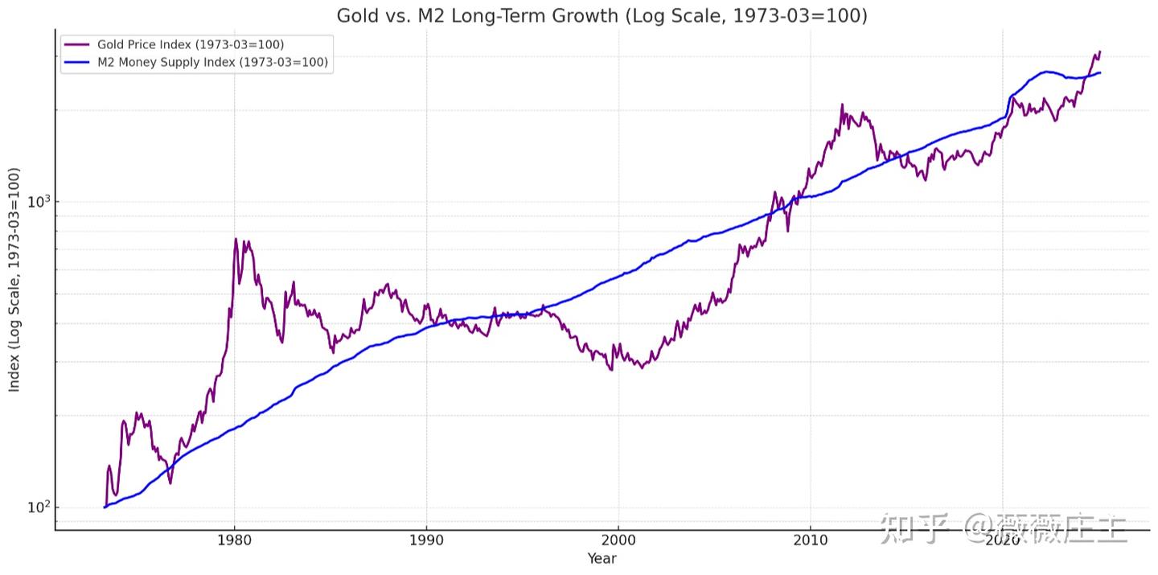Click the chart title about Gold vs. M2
point(602,15)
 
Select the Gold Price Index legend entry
point(191,44)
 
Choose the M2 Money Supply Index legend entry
point(212,63)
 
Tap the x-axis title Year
point(602,559)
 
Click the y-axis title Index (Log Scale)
point(14,281)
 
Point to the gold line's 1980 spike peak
point(236,239)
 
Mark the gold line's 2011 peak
point(842,105)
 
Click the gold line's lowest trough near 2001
point(642,368)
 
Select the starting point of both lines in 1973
point(105,507)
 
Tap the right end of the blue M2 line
point(1100,73)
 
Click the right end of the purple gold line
point(1100,51)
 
